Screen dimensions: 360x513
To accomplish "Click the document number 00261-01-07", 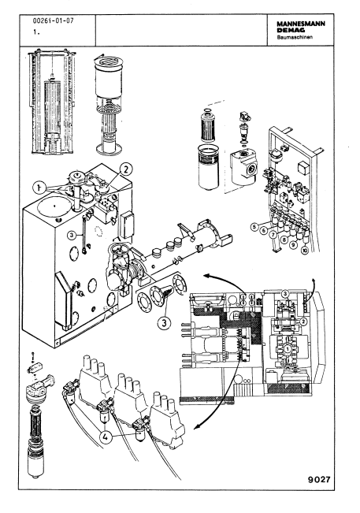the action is pyautogui.click(x=54, y=21).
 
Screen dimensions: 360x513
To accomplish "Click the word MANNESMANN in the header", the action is pyautogui.click(x=301, y=24).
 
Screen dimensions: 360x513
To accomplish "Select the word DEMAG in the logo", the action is pyautogui.click(x=291, y=30).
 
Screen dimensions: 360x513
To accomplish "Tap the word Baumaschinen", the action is pyautogui.click(x=295, y=37).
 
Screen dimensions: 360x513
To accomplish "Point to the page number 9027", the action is pyautogui.click(x=319, y=480).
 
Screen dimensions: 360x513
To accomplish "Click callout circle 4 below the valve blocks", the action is pyautogui.click(x=106, y=437).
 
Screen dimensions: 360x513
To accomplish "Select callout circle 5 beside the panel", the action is pyautogui.click(x=254, y=226).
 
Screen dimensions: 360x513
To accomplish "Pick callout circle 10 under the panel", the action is pyautogui.click(x=305, y=251).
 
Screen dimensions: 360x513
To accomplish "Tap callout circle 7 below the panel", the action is pyautogui.click(x=273, y=235).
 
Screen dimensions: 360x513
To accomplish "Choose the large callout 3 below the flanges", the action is pyautogui.click(x=164, y=323).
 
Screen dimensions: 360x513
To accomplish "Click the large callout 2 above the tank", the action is pyautogui.click(x=126, y=169).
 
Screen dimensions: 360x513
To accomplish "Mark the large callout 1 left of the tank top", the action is pyautogui.click(x=39, y=188).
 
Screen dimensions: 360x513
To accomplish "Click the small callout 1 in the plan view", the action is pyautogui.click(x=288, y=349).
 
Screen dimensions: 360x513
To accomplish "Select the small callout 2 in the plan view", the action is pyautogui.click(x=303, y=322).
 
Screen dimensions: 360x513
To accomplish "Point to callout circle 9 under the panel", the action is pyautogui.click(x=293, y=244).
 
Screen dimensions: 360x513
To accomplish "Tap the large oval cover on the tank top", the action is pyautogui.click(x=54, y=206).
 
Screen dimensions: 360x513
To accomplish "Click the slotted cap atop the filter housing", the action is pyautogui.click(x=108, y=61).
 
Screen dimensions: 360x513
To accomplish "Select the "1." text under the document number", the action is pyautogui.click(x=36, y=32).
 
